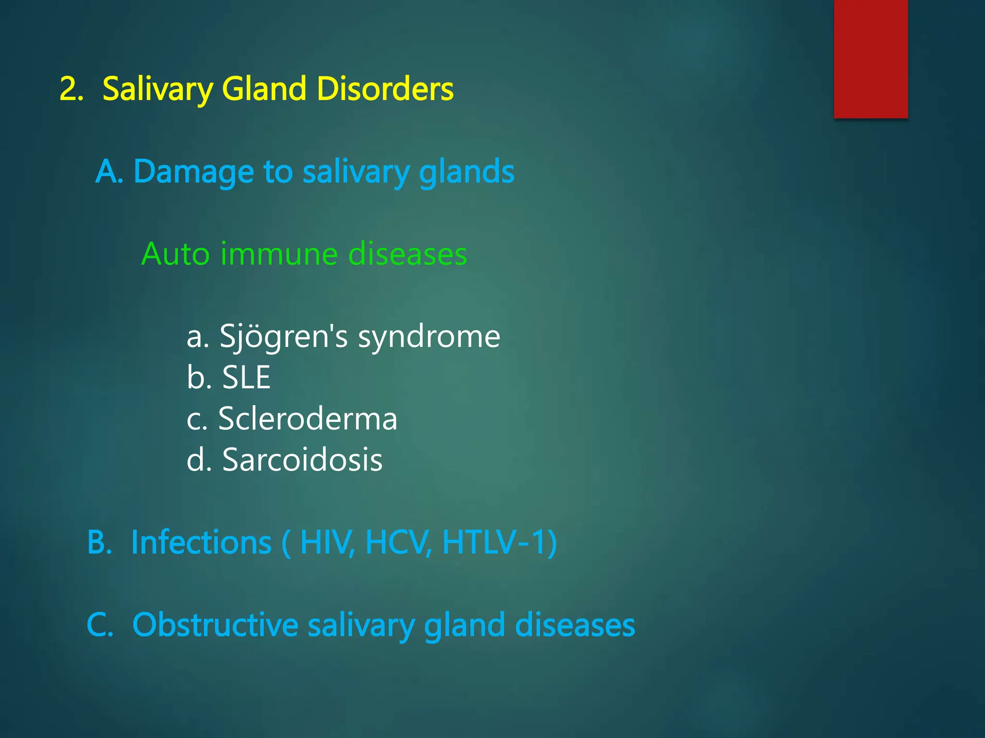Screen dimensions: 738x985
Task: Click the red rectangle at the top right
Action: coord(871,59)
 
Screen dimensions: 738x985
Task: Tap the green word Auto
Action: coord(176,254)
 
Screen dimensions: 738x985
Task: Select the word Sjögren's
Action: coord(283,336)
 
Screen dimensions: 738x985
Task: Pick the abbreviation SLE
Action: coord(246,377)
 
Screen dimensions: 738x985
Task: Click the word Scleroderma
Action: coord(308,418)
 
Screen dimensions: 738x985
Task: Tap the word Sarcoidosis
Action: coord(302,460)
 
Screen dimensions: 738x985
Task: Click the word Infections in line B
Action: coord(201,542)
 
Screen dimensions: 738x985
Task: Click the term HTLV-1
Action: coord(495,542)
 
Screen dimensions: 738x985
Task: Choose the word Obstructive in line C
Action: coord(215,625)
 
